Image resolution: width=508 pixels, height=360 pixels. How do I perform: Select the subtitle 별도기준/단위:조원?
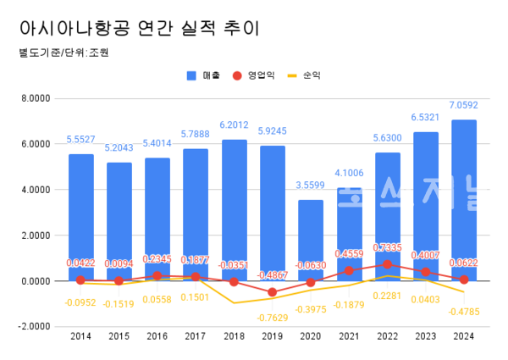pos(63,53)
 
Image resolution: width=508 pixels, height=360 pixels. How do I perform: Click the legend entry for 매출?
pos(203,75)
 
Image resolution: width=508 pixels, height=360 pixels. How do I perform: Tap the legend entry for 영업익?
pos(253,75)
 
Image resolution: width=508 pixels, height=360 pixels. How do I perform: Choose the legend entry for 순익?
pos(304,75)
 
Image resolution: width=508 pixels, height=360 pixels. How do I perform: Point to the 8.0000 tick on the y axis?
pos(35,98)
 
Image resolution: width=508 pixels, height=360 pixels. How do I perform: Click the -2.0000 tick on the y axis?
pos(35,326)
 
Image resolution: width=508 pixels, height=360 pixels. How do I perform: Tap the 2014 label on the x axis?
pos(81,337)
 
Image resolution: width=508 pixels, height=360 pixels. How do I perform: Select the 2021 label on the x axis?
pos(349,337)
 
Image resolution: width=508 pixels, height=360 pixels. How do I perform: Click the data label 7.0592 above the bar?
pos(464,106)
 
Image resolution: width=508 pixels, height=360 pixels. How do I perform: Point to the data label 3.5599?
pos(311,186)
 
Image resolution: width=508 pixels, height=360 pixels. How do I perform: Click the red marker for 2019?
pos(273,292)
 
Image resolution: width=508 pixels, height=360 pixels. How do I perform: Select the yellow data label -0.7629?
pos(273,317)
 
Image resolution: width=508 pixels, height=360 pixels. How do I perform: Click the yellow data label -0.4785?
pos(464,310)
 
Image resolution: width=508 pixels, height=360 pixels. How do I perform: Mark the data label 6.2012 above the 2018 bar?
pos(235,125)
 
